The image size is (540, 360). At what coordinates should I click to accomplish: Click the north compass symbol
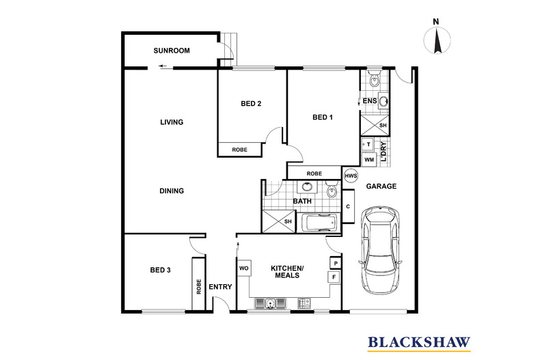[x=437, y=40]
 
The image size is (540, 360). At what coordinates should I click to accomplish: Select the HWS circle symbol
[x=351, y=176]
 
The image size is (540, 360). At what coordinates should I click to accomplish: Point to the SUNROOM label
[x=171, y=51]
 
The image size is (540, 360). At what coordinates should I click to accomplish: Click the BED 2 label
[x=251, y=104]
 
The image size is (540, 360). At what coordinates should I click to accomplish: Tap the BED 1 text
[x=323, y=117]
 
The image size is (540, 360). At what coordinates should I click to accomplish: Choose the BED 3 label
[x=160, y=270]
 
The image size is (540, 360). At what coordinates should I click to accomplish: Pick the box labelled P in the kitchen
[x=334, y=263]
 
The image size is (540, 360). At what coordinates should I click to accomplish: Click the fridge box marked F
[x=334, y=277]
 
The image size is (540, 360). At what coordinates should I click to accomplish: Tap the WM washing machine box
[x=368, y=159]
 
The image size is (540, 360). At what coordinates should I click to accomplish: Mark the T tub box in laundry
[x=368, y=145]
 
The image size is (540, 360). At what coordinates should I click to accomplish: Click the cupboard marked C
[x=349, y=207]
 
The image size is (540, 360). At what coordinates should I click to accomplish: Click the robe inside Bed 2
[x=239, y=150]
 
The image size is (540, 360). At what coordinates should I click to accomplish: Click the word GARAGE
[x=381, y=186]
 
